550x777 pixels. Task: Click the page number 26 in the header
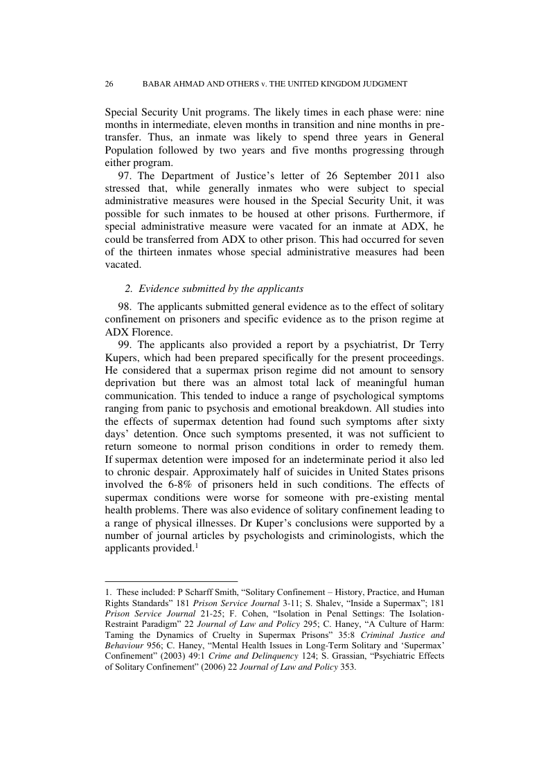tap(109, 84)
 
